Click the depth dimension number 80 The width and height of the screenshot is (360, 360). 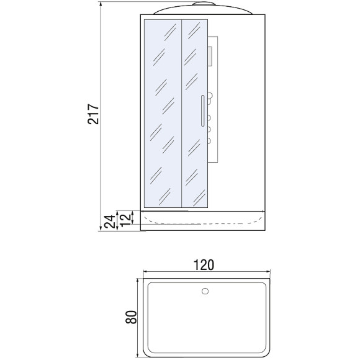pos(130,317)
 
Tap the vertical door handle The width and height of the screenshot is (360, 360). pos(202,114)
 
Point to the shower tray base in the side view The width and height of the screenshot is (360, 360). pos(203,220)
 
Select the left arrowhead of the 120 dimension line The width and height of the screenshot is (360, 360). pos(145,271)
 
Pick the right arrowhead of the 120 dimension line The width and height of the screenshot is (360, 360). pos(268,271)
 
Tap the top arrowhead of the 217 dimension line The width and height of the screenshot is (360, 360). pos(102,4)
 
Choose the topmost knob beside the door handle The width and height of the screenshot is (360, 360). pos(210,97)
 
